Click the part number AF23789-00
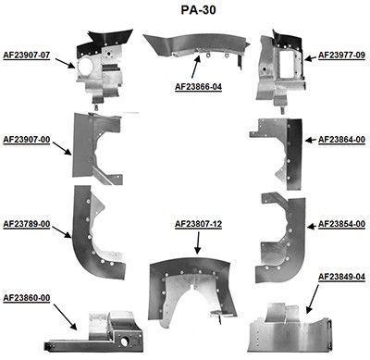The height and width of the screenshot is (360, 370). pyautogui.click(x=27, y=223)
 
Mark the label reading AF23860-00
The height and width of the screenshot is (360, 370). pyautogui.click(x=27, y=297)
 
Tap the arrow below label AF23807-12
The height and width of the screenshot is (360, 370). pyautogui.click(x=198, y=242)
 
